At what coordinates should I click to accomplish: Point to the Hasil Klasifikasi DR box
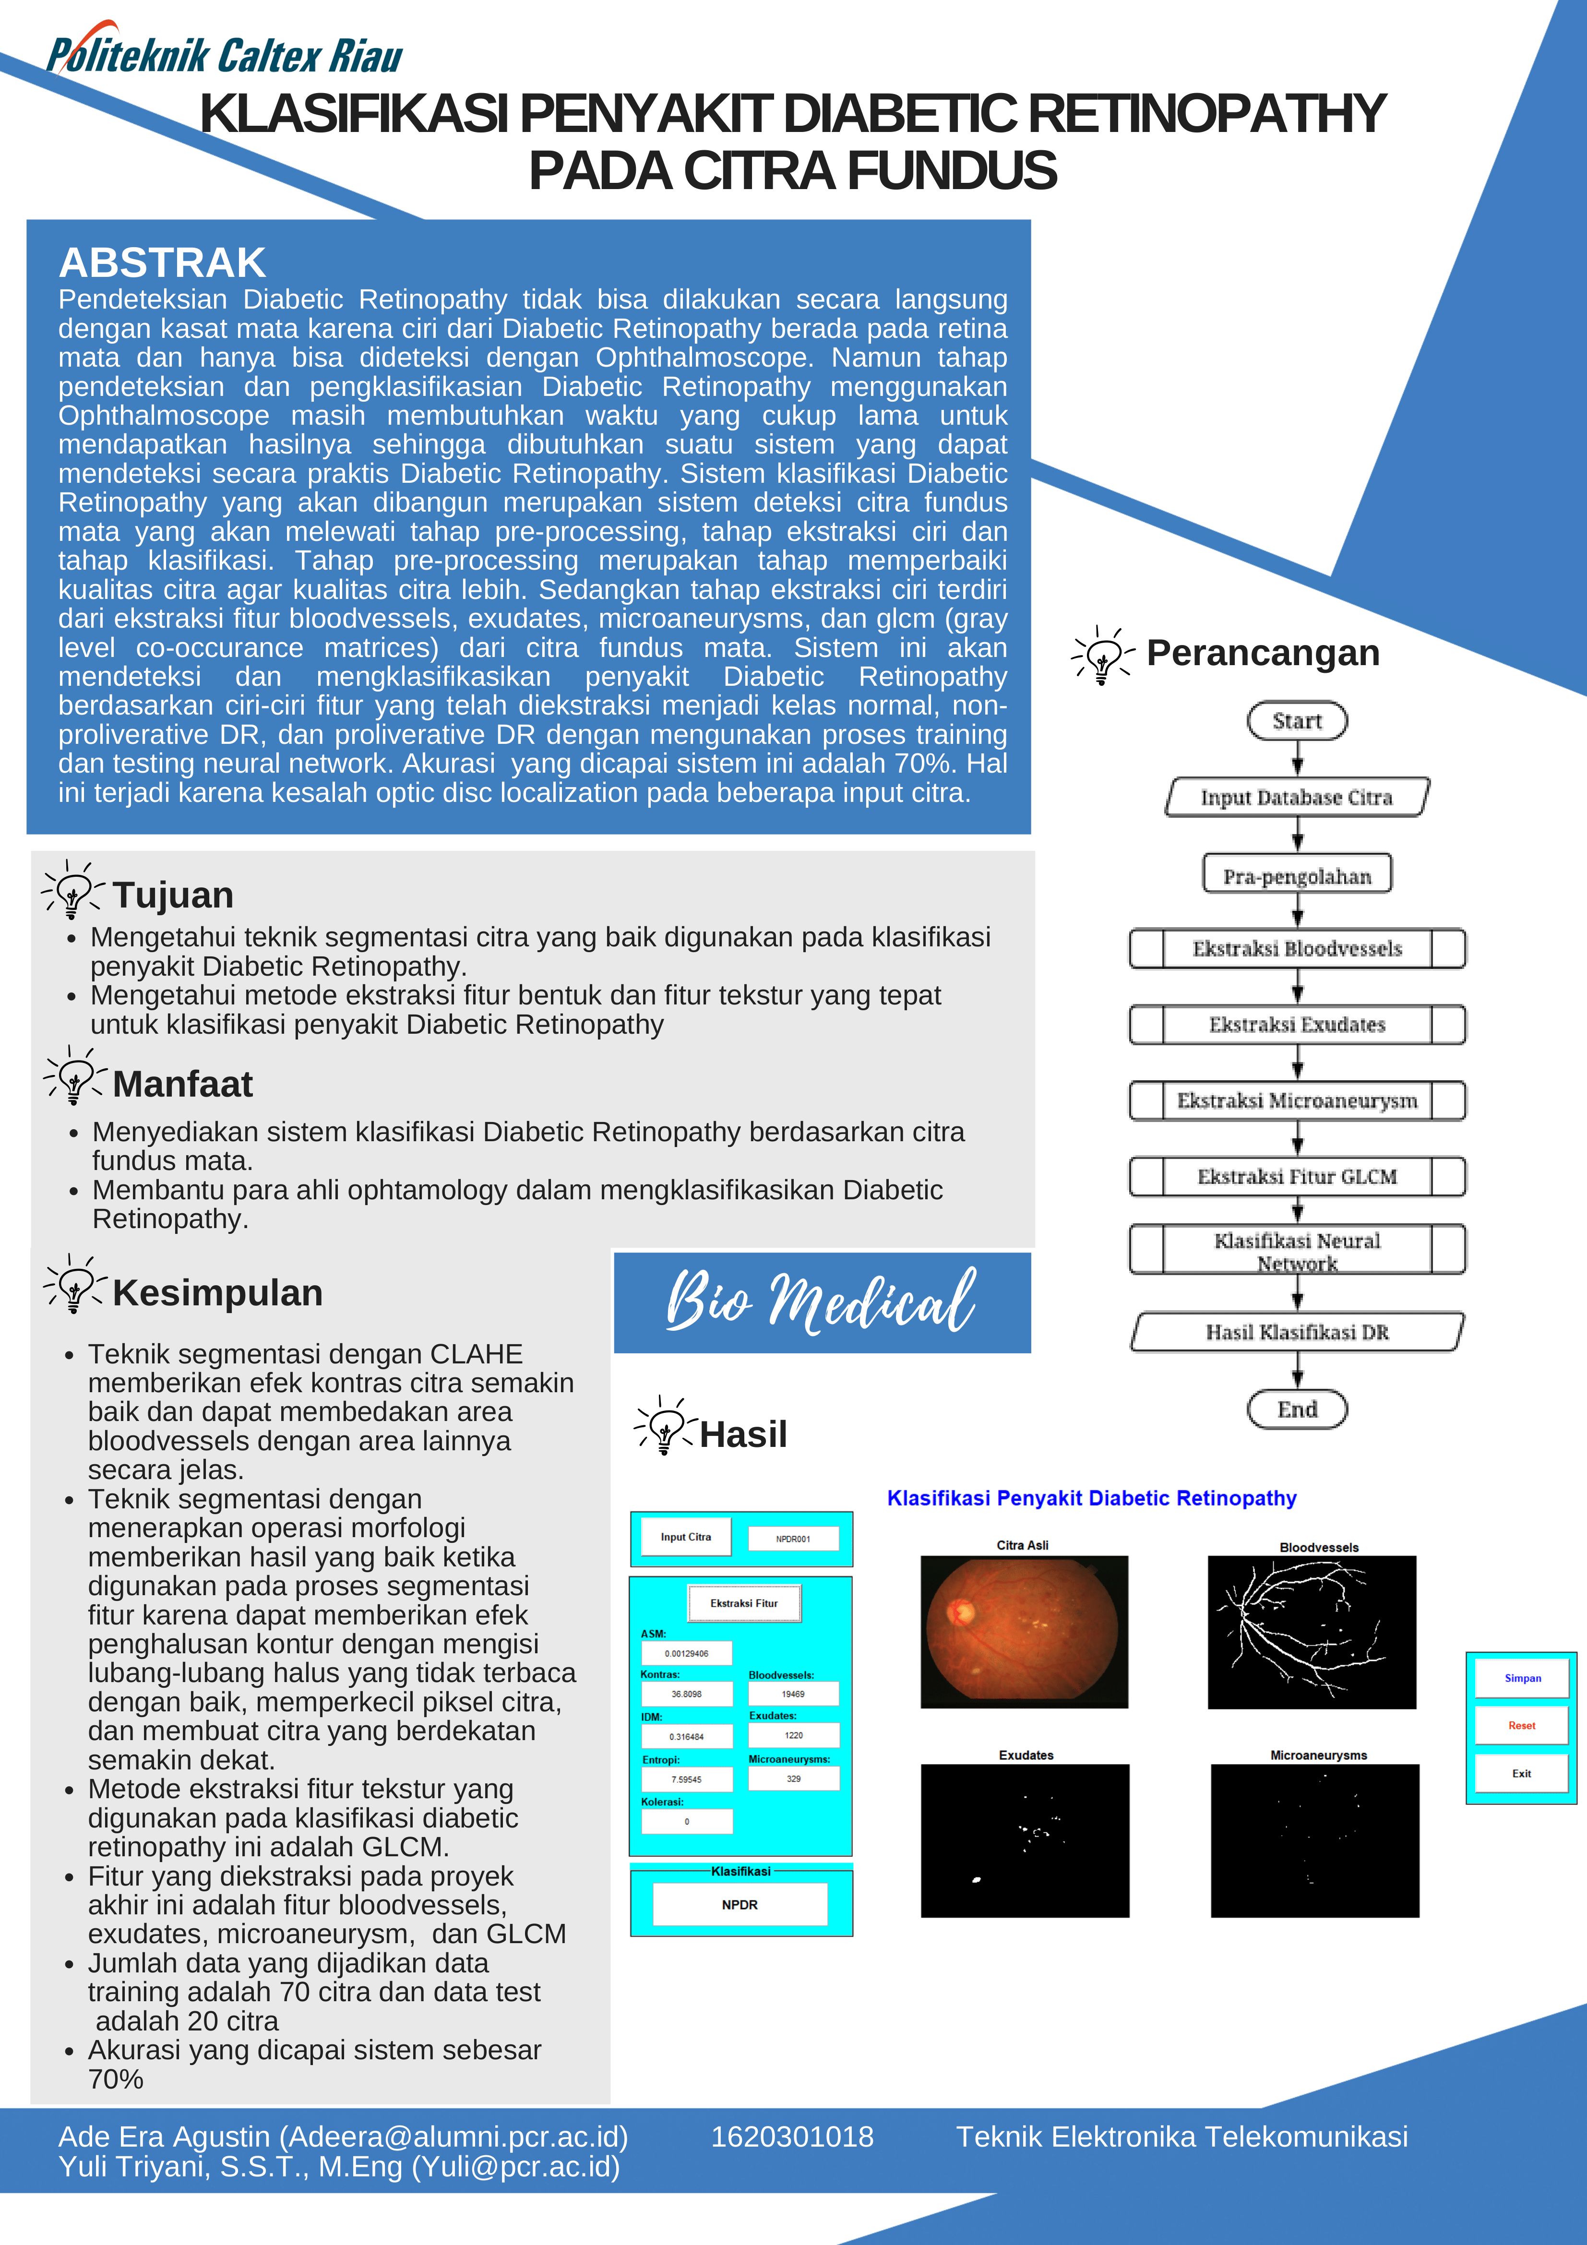coord(1297,1332)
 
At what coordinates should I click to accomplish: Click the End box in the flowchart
coord(1297,1409)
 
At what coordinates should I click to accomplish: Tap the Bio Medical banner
coord(822,1302)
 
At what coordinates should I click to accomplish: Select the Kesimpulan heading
coord(217,1293)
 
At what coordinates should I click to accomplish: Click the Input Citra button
coord(685,1537)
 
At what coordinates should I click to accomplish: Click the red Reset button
coord(1521,1726)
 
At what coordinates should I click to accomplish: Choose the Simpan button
coord(1521,1678)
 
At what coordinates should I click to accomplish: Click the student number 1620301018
coord(792,2137)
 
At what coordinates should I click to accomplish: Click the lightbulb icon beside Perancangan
coord(1103,655)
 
